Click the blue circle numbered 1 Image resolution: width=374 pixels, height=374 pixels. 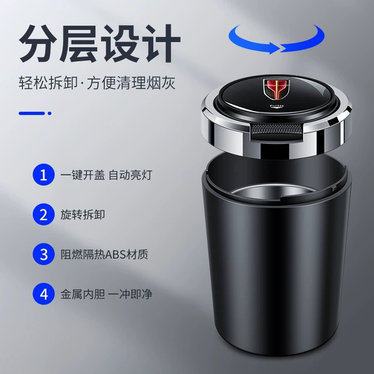pyautogui.click(x=44, y=175)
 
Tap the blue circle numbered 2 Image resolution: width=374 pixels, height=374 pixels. pyautogui.click(x=44, y=214)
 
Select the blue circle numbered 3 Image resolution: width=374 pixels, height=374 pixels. pyautogui.click(x=44, y=254)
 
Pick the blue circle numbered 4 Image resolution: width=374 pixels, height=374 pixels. pyautogui.click(x=44, y=294)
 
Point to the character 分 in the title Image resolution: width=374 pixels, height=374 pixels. pyautogui.click(x=38, y=44)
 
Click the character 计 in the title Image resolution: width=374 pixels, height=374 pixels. pyautogui.click(x=161, y=44)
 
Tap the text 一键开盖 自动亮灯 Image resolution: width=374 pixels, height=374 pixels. pyautogui.click(x=106, y=175)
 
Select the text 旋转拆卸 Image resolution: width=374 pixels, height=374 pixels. pyautogui.click(x=82, y=214)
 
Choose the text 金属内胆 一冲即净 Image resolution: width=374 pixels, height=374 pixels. pyautogui.click(x=106, y=294)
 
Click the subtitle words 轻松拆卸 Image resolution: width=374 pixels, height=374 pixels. pyautogui.click(x=48, y=83)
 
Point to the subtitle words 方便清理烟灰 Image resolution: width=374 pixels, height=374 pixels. pyautogui.click(x=131, y=83)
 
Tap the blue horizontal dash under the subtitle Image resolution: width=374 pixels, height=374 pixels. pyautogui.click(x=32, y=113)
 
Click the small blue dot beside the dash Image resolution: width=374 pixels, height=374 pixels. pyautogui.click(x=50, y=113)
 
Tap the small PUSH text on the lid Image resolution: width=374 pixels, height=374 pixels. pyautogui.click(x=277, y=106)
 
